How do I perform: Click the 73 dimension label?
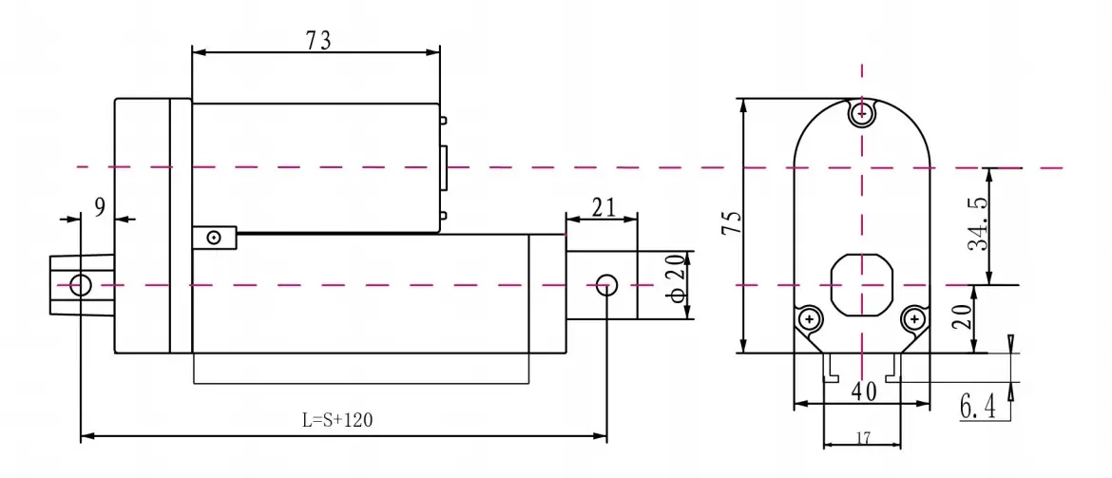[318, 41]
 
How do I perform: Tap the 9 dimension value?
[99, 207]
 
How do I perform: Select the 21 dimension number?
[603, 208]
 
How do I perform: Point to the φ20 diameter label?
[678, 279]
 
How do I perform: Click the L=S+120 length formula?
[336, 420]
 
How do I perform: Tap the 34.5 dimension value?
[980, 225]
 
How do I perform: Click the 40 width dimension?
[864, 391]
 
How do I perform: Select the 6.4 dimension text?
[978, 408]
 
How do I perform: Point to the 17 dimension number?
[862, 437]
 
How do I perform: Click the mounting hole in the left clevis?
[81, 285]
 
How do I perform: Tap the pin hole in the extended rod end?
[606, 285]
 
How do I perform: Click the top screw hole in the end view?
[862, 113]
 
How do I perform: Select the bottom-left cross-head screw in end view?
[810, 318]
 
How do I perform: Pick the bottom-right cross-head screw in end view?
[914, 318]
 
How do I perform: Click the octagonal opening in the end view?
[861, 285]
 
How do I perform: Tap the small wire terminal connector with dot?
[214, 238]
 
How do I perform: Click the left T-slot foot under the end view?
[828, 368]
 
